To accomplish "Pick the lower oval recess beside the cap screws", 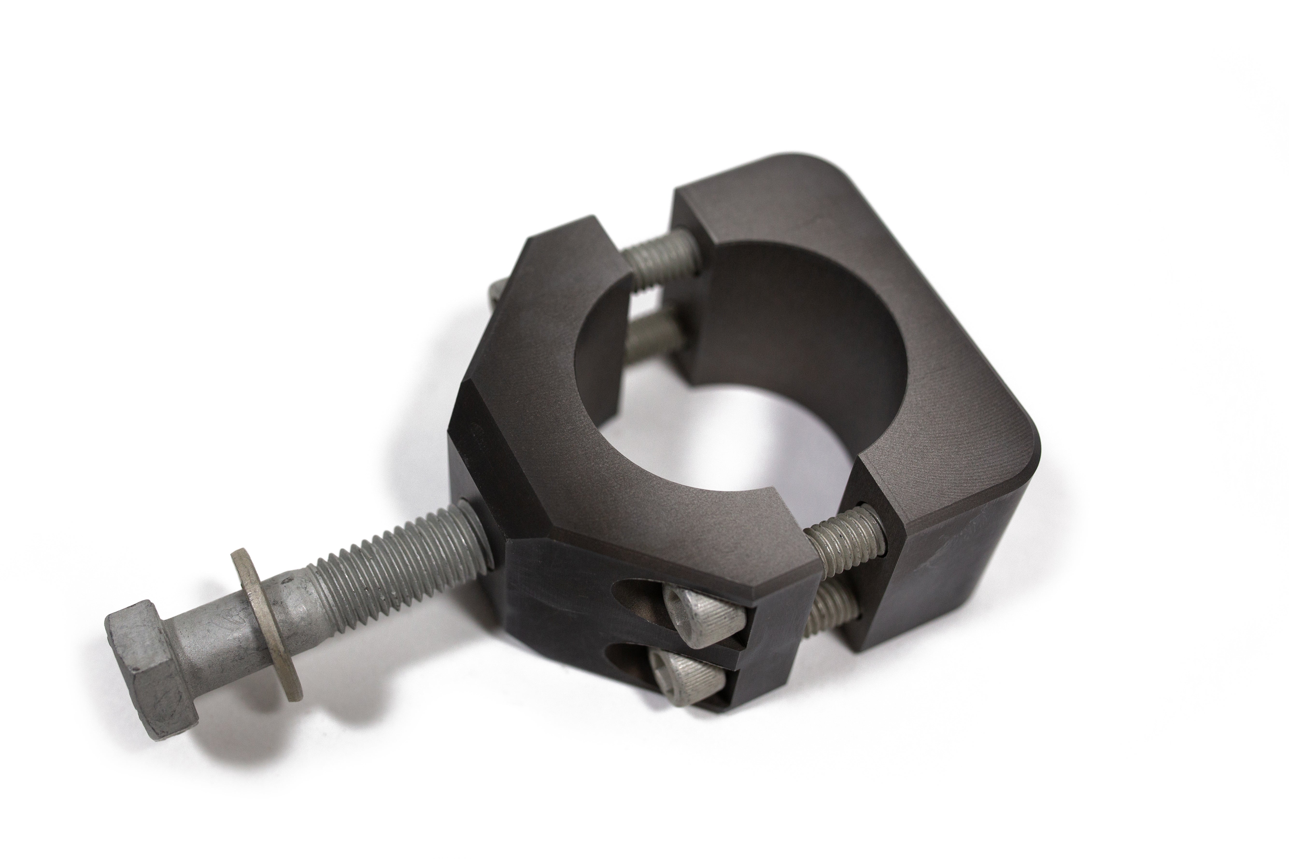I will [630, 657].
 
